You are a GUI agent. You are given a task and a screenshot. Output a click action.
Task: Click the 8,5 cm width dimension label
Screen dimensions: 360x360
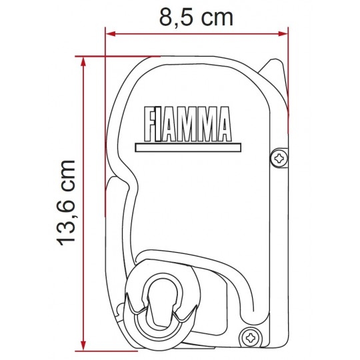[x=196, y=18]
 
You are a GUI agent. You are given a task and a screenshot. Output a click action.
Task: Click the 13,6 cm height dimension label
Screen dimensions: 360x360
[x=67, y=203]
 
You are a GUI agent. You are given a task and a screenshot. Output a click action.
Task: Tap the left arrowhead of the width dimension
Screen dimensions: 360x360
[x=110, y=34]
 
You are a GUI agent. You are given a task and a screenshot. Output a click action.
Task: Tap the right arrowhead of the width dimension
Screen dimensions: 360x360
[x=283, y=34]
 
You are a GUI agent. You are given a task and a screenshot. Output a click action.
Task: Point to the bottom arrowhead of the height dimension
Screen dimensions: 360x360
[x=83, y=346]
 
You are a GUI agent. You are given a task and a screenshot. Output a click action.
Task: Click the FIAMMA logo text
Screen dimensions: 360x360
[x=187, y=124]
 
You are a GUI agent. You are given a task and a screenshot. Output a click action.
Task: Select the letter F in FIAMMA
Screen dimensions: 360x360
[x=150, y=124]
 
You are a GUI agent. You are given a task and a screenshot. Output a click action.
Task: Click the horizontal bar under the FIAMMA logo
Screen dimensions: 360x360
[x=188, y=147]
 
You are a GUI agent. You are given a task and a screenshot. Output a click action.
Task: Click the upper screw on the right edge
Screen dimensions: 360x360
[x=279, y=158]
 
